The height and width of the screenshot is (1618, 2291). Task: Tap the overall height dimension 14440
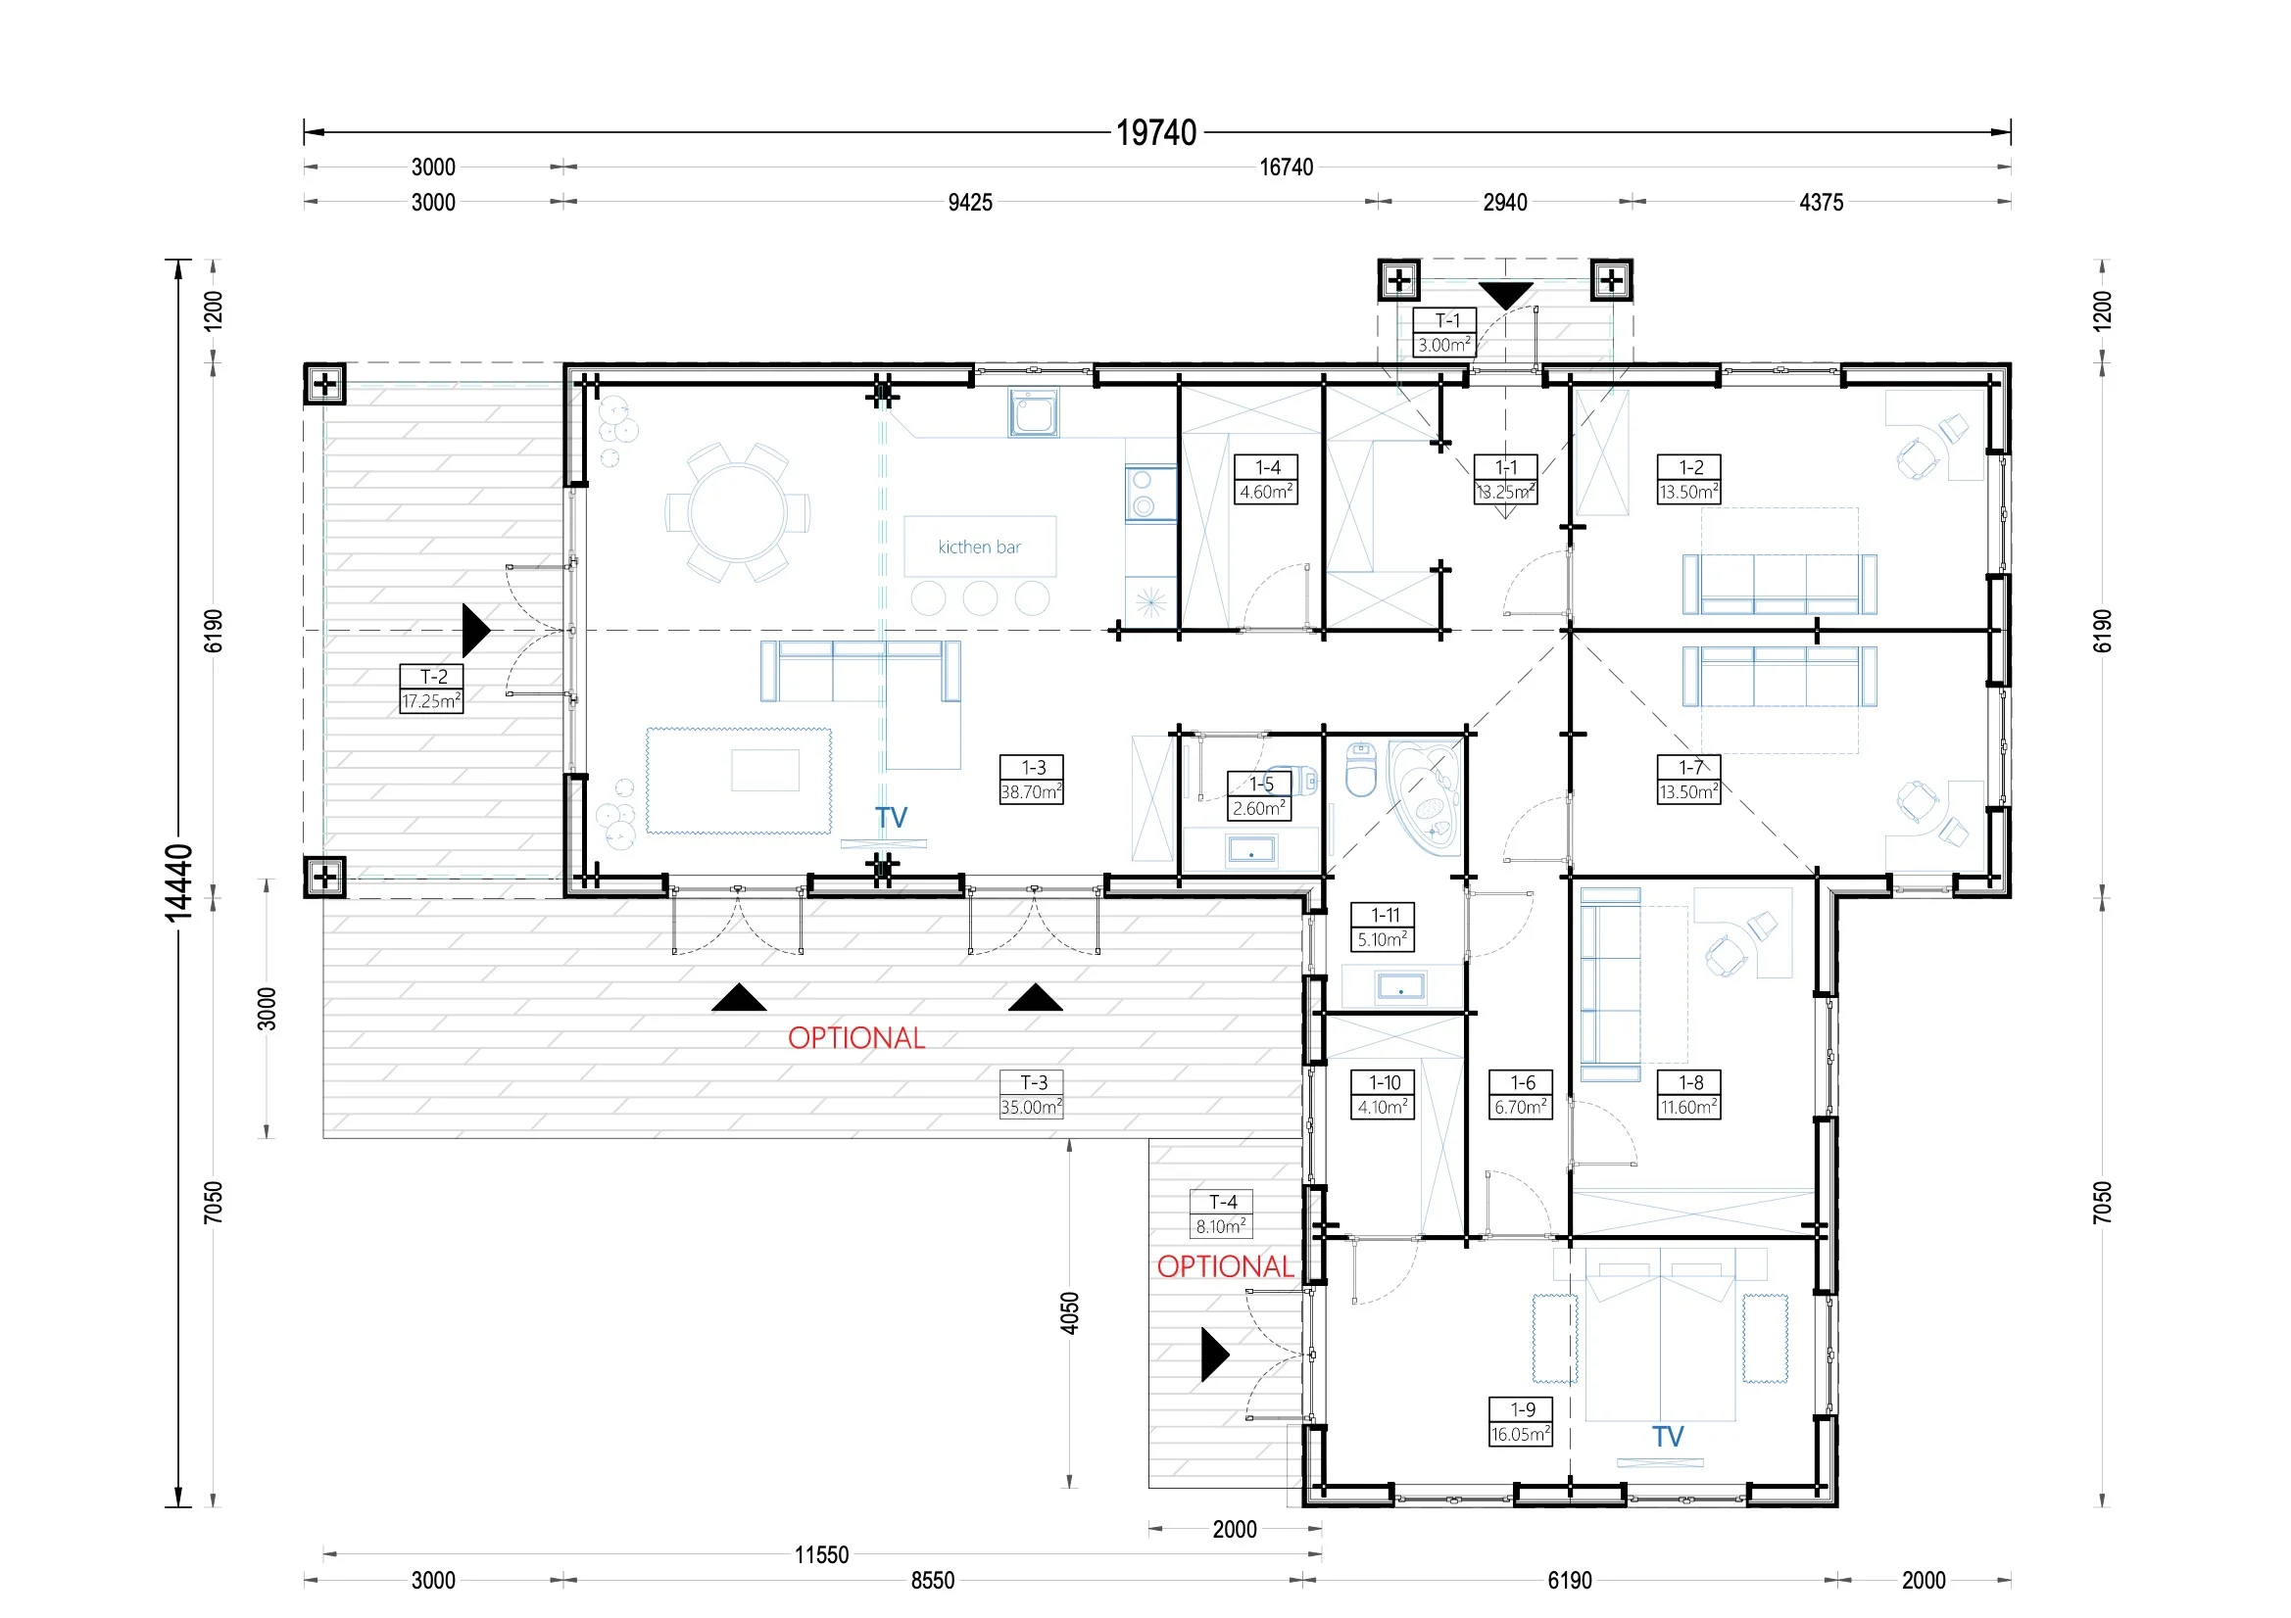coord(178,881)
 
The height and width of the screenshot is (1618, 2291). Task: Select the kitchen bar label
coord(979,547)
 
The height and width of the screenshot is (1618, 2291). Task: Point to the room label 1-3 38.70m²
coord(1032,779)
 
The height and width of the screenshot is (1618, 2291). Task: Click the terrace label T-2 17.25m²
coord(431,689)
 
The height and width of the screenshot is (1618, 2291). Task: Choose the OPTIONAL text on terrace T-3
coord(856,1038)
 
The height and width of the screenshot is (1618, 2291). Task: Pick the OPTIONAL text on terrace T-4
coord(1225,1266)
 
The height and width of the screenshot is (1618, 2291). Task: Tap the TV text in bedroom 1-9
coord(1668,1437)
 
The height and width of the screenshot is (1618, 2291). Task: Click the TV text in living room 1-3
coord(891,818)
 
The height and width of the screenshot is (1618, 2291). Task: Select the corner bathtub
coord(1425,798)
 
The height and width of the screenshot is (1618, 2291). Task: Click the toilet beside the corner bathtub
coord(1361,768)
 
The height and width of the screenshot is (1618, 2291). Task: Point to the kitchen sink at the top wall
coord(1034,413)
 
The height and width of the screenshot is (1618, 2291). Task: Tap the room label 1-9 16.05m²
coord(1521,1421)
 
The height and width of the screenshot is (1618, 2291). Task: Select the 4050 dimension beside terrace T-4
coord(1070,1312)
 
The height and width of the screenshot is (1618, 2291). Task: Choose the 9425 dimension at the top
coord(970,203)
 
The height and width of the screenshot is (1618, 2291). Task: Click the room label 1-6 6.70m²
coord(1521,1094)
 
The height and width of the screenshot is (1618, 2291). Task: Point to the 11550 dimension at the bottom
coord(821,1554)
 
